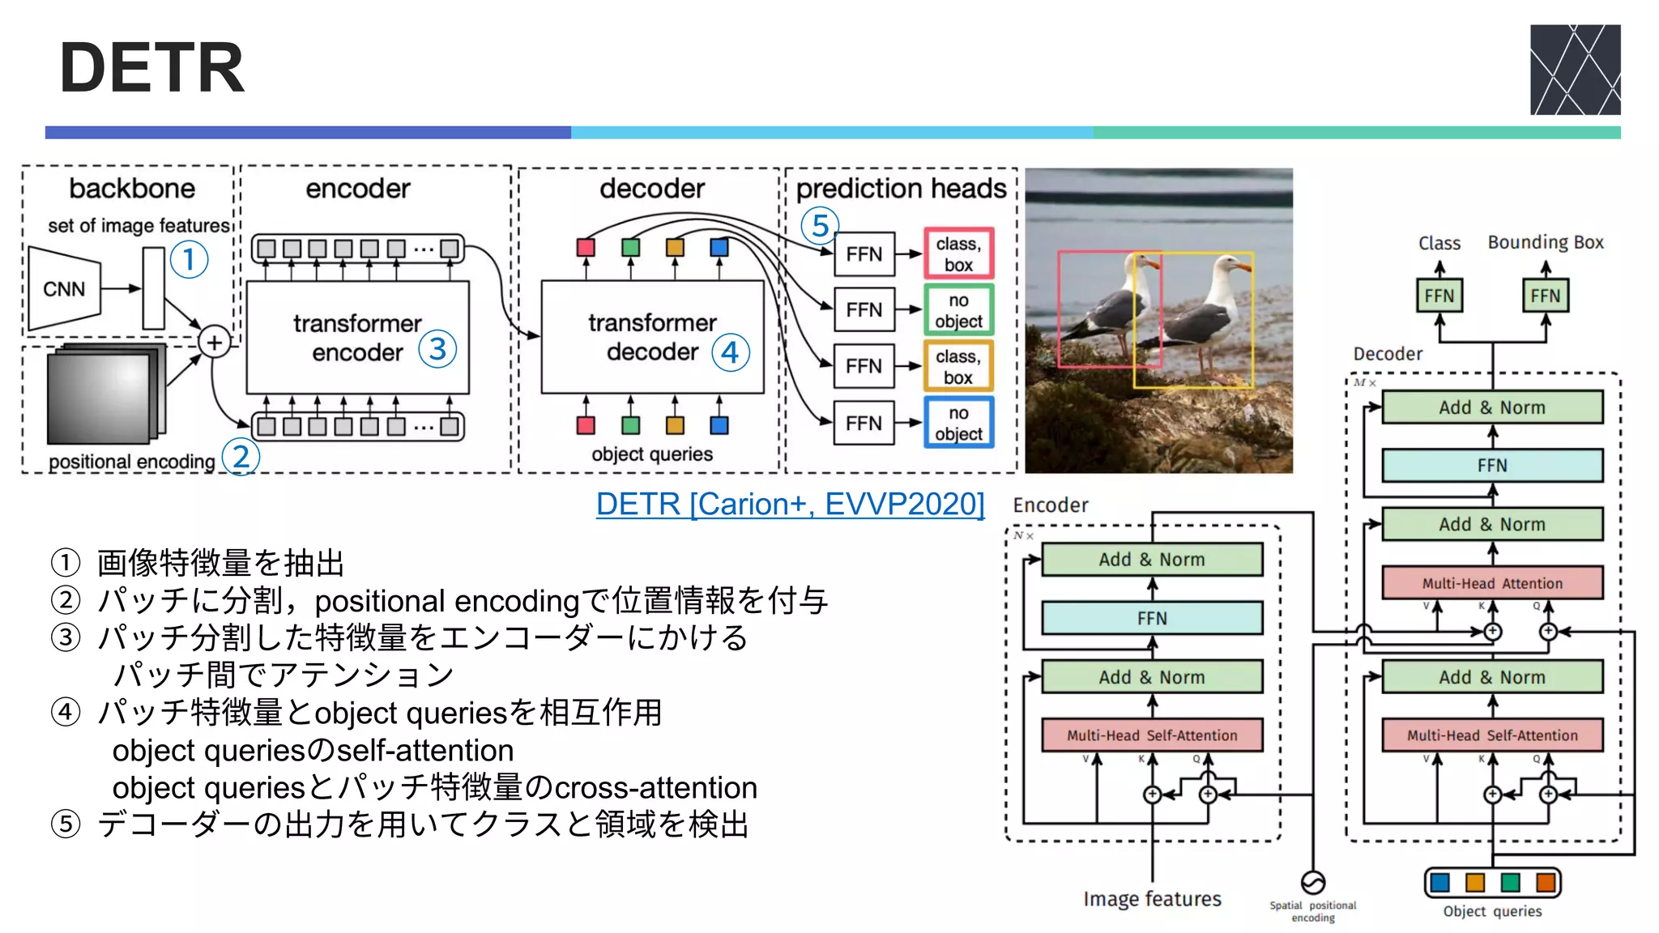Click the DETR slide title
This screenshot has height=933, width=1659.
[x=151, y=69]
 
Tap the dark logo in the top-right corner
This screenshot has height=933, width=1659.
[x=1575, y=70]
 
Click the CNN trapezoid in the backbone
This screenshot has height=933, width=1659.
[x=65, y=289]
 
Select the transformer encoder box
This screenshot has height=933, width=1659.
[x=357, y=338]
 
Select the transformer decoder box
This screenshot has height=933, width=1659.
[x=652, y=338]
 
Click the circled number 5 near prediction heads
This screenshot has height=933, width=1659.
[x=820, y=226]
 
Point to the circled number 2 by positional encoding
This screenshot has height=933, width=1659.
[x=241, y=458]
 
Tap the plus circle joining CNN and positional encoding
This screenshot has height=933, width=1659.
[x=214, y=343]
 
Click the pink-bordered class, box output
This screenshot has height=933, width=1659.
[x=958, y=254]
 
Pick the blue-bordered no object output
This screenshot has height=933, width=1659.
[x=958, y=424]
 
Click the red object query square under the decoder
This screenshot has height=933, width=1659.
[x=586, y=425]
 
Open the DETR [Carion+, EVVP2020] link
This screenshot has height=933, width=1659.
[x=790, y=504]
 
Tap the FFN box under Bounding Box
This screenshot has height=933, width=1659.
[x=1545, y=296]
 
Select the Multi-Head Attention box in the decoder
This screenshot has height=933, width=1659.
[x=1492, y=583]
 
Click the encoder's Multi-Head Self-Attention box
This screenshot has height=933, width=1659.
[x=1152, y=735]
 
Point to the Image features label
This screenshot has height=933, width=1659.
[x=1152, y=899]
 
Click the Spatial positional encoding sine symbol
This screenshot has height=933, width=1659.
[x=1312, y=882]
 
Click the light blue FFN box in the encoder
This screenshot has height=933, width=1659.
[x=1152, y=619]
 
